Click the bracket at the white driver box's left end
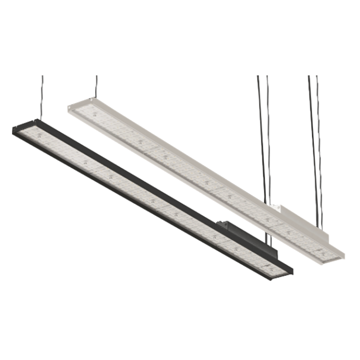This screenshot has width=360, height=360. (274, 205)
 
